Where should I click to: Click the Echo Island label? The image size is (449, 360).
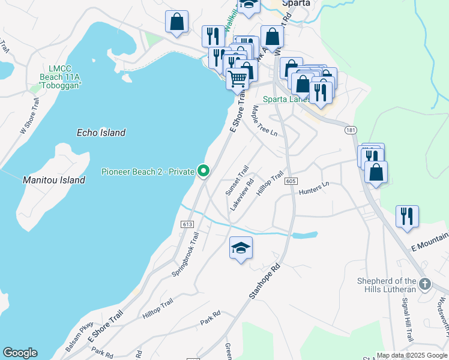pos(101,133)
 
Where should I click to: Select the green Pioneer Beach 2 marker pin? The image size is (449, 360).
pos(204,172)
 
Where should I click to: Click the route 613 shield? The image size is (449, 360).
pos(185,224)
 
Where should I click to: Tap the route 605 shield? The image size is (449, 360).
pos(290,181)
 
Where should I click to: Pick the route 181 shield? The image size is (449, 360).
pos(351,130)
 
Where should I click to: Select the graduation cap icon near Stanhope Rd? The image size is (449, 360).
pos(241,248)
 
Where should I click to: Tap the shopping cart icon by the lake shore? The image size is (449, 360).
pos(238,78)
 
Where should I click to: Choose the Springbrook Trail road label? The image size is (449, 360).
pos(185,254)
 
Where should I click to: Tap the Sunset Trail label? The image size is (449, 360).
pos(237,181)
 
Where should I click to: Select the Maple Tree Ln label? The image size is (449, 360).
pos(264,120)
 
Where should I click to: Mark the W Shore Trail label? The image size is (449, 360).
pos(29,116)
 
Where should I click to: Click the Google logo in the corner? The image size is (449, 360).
pos(20,353)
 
